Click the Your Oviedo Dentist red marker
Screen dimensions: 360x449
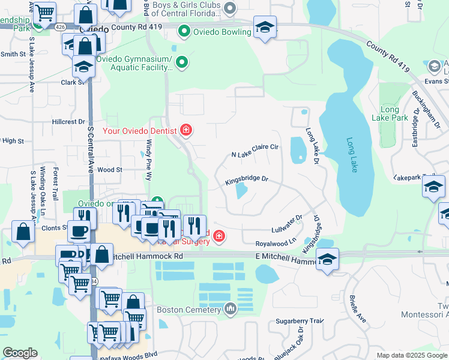point(186,130)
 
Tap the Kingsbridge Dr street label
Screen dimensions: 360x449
point(246,179)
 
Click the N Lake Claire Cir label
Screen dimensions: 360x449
point(256,151)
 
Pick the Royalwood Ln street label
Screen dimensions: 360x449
point(276,243)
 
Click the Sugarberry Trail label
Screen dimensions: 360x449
point(300,321)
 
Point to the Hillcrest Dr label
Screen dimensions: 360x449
point(68,121)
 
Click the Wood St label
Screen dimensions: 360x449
point(110,170)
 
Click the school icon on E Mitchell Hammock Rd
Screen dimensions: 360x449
point(327,260)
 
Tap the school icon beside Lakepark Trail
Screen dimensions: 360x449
point(434,188)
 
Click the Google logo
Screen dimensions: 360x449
point(20,353)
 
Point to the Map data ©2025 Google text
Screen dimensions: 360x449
point(411,355)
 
